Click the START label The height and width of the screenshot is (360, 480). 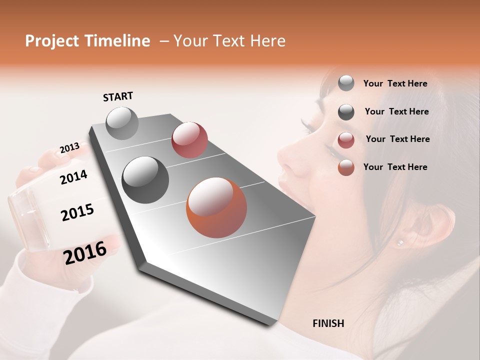(x=118, y=96)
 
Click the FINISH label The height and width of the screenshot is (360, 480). (x=328, y=323)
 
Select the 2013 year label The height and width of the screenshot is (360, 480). (x=69, y=148)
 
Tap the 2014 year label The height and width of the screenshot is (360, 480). (x=73, y=177)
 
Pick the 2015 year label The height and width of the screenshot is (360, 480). (x=77, y=212)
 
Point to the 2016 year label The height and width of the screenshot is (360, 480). (x=85, y=252)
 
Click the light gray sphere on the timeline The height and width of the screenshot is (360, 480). (x=122, y=123)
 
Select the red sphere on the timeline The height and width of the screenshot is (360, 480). (x=189, y=139)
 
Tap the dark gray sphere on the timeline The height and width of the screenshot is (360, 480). (x=145, y=179)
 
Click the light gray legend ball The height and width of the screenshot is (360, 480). (x=346, y=83)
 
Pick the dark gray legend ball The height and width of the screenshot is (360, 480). (x=346, y=112)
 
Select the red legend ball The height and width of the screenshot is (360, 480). (x=346, y=140)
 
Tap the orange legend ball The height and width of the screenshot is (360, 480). (x=346, y=167)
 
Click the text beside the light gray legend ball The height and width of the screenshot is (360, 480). (x=395, y=83)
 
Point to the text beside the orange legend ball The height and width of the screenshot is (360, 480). (x=395, y=167)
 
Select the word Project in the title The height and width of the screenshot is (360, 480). (x=51, y=41)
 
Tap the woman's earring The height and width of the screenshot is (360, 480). (x=399, y=243)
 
